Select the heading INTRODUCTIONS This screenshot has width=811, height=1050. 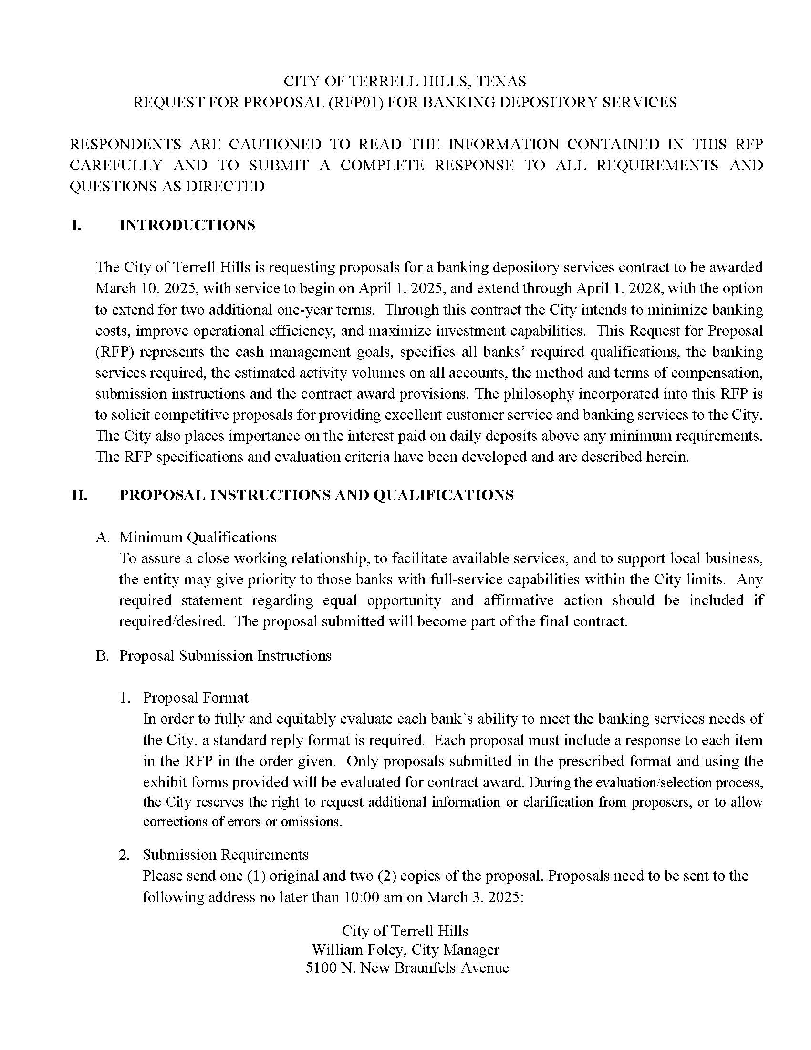tap(187, 225)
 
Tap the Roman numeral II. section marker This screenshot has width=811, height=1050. tap(79, 495)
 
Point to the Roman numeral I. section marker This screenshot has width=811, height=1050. tap(76, 225)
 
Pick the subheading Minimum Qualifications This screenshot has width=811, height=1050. tap(198, 537)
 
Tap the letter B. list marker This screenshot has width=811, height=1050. tap(103, 656)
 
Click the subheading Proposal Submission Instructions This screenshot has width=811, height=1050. tap(225, 656)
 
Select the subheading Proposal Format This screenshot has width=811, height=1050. tap(196, 698)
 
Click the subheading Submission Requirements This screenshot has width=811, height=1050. tap(225, 854)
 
